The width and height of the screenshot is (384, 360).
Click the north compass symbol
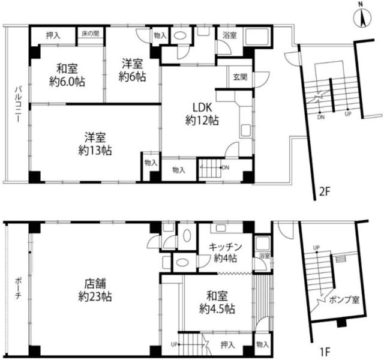pos(362,17)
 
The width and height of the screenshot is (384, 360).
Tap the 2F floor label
pos(325,192)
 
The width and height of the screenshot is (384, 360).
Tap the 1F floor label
pos(325,352)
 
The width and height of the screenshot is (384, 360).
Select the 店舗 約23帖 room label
pos(95,290)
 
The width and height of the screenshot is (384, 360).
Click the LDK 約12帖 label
pos(202,114)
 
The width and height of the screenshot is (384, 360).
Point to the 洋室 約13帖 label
pos(95,144)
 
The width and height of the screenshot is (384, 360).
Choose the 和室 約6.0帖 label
pos(67,75)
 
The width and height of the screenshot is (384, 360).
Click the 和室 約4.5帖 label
pos(217,302)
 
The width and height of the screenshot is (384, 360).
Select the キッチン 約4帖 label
pos(225,253)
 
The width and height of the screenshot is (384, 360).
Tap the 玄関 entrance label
pos(240,77)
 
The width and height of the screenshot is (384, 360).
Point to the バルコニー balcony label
pos(17,104)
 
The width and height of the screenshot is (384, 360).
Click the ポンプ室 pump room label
pos(344,299)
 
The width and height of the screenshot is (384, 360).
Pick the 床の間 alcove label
pos(91,34)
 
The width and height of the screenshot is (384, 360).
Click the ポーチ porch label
pos(18,289)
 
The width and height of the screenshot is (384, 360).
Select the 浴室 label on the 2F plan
pos(229,35)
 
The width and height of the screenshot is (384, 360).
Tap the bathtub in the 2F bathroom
pos(257,37)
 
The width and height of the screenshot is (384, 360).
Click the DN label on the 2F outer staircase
pos(321,117)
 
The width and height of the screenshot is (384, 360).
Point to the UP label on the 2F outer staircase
pos(348,114)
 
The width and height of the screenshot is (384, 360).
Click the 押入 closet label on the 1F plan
pos(227,345)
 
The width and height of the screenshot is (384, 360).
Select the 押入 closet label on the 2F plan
pos(53,36)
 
